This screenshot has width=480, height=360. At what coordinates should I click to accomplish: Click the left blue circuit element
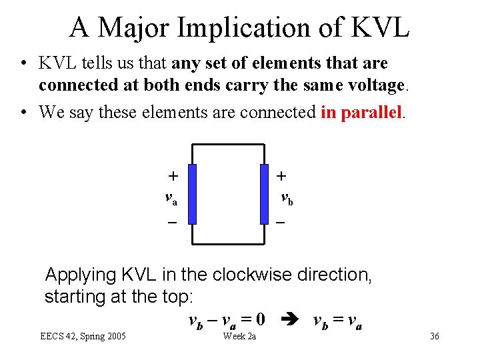(192, 194)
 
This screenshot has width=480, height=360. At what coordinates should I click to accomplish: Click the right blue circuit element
(264, 194)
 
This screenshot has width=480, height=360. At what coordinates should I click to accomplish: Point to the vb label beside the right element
(286, 198)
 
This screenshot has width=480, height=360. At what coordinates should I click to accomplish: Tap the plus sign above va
(173, 176)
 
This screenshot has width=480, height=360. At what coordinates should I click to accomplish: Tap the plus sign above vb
(282, 176)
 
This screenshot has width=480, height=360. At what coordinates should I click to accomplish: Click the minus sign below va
(172, 222)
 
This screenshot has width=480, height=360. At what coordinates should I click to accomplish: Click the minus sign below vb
(281, 222)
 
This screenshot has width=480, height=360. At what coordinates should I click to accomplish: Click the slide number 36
(434, 336)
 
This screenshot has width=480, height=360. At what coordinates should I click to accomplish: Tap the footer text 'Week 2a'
(239, 336)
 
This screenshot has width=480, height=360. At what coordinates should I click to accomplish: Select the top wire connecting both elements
(228, 145)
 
